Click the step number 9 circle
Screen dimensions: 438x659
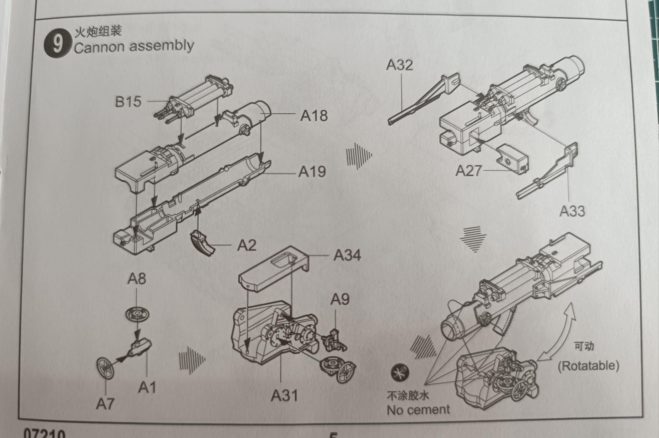click(57, 43)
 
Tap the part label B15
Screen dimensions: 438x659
click(128, 102)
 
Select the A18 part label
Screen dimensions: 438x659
click(314, 116)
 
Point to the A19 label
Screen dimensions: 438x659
click(312, 172)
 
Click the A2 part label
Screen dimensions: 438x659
click(246, 246)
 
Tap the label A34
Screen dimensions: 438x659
click(347, 255)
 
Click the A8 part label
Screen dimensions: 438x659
click(137, 279)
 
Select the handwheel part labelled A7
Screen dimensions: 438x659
click(106, 368)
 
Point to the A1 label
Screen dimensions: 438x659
click(147, 387)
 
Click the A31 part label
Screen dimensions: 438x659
click(284, 396)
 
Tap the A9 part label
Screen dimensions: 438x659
click(340, 299)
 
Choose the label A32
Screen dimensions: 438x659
click(399, 65)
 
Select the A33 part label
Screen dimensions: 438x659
click(572, 211)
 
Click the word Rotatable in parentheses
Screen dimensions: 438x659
click(588, 366)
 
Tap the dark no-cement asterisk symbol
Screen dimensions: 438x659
click(400, 373)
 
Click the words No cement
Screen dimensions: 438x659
click(418, 410)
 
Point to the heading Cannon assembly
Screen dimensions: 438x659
click(134, 47)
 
